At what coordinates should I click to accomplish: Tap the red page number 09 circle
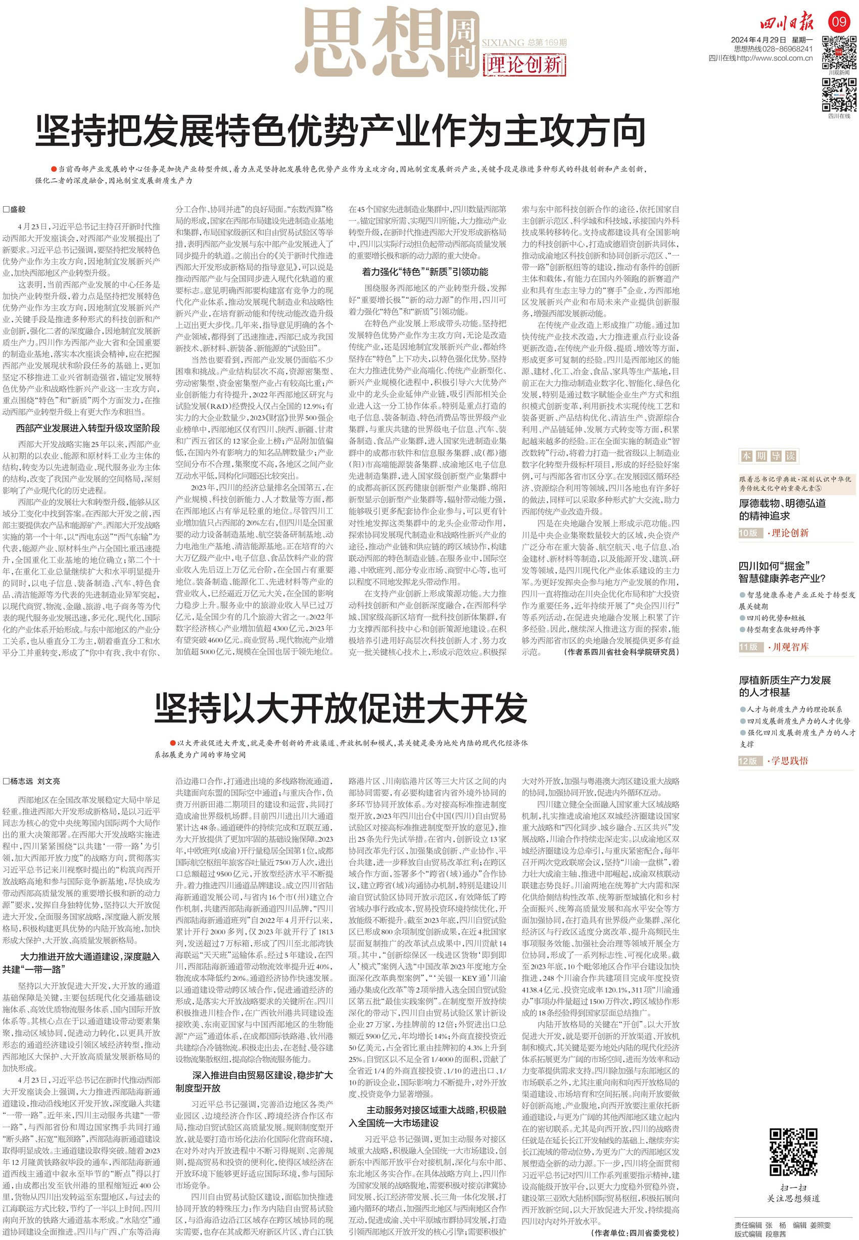pos(839,22)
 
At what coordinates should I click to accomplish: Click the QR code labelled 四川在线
pos(839,94)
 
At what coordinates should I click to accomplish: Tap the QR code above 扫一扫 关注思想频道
pos(793,1152)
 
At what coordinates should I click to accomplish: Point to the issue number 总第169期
pos(547,42)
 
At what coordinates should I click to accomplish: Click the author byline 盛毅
pos(15,209)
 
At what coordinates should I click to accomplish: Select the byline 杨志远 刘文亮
pos(32,781)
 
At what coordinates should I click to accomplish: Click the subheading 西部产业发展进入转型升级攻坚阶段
pos(88,428)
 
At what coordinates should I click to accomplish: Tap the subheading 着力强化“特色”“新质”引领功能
pos(424,272)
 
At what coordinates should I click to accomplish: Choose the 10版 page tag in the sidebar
pos(749,533)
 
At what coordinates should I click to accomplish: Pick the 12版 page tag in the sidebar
pos(749,760)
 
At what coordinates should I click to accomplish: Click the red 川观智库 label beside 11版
pos(790,647)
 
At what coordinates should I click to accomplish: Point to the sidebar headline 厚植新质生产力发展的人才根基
pos(784,686)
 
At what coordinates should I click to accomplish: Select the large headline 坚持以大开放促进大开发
pos(341,709)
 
